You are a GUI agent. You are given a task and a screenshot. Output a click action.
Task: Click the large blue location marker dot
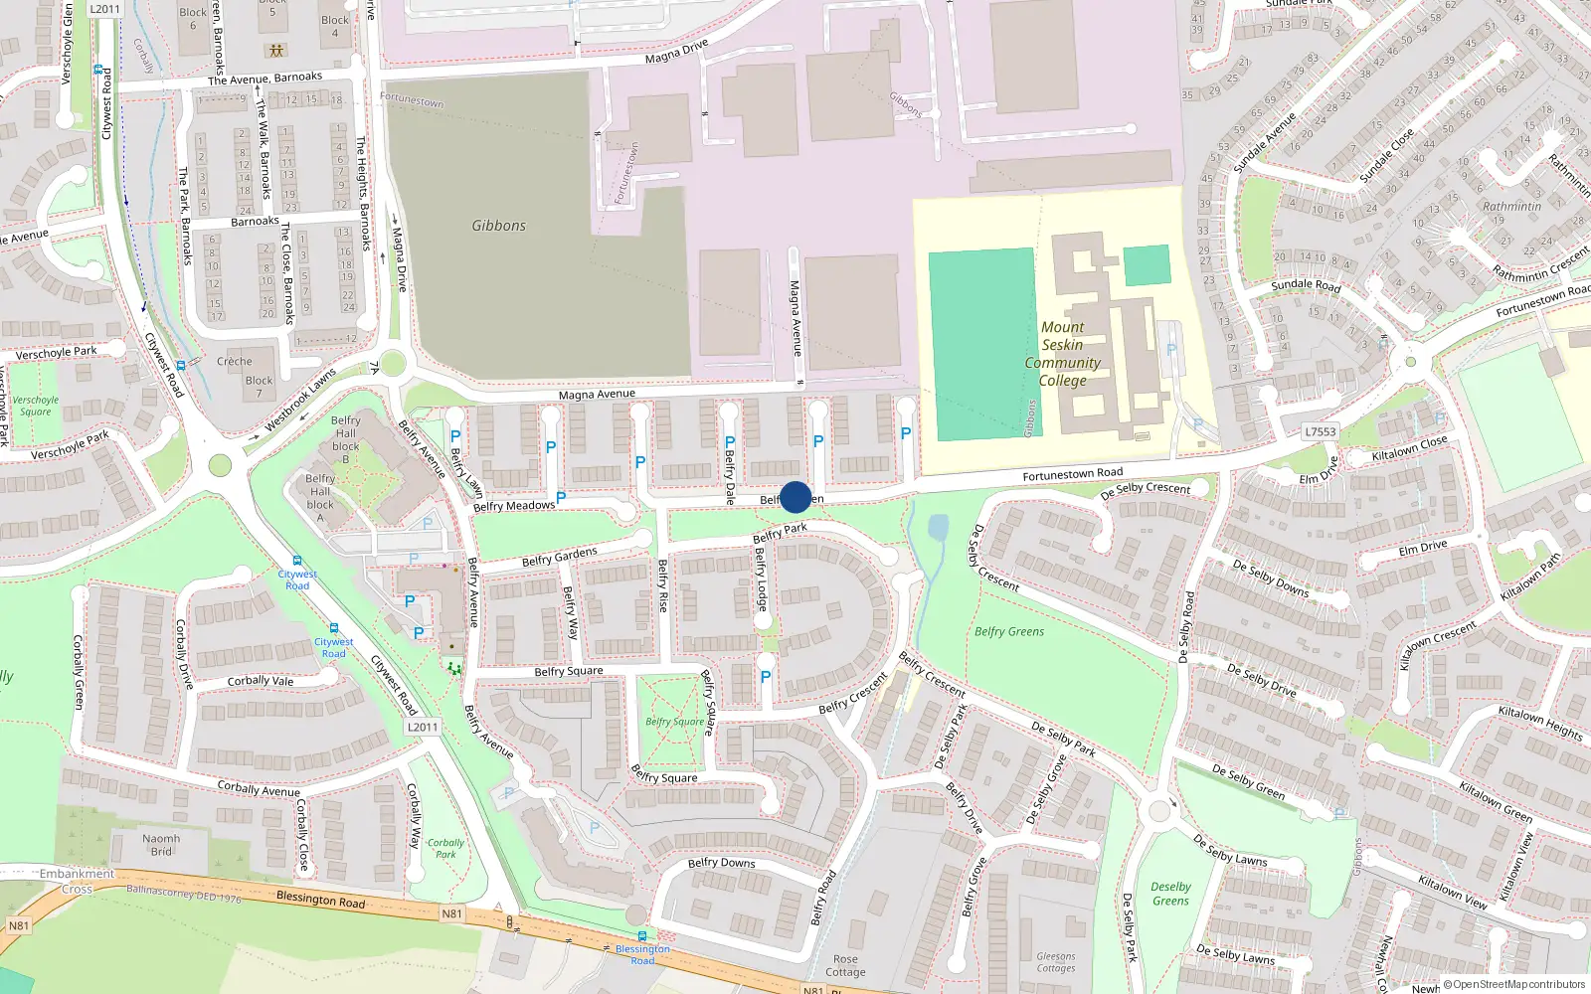pyautogui.click(x=795, y=497)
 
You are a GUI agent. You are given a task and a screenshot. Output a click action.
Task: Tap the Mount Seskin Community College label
pyautogui.click(x=1062, y=354)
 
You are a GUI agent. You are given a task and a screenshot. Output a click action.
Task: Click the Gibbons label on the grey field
pyautogui.click(x=498, y=226)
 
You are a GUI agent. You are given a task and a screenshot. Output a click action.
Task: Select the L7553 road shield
pyautogui.click(x=1320, y=431)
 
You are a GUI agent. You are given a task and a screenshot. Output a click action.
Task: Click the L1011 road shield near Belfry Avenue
pyautogui.click(x=422, y=727)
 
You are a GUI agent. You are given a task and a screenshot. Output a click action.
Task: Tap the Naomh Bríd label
pyautogui.click(x=161, y=845)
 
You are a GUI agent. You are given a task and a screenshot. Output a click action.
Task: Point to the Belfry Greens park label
pyautogui.click(x=1008, y=631)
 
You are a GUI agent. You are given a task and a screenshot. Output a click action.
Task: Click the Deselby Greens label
pyautogui.click(x=1170, y=894)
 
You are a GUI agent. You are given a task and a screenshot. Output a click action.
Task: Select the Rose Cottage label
pyautogui.click(x=845, y=966)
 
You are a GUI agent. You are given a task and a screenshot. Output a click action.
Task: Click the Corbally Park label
pyautogui.click(x=445, y=848)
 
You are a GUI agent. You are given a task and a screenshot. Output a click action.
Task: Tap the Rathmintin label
pyautogui.click(x=1511, y=207)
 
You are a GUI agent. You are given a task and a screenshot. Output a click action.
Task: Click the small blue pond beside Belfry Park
pyautogui.click(x=937, y=527)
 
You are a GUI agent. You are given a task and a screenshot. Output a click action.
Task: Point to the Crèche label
pyautogui.click(x=235, y=361)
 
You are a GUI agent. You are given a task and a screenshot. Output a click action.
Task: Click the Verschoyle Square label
pyautogui.click(x=36, y=406)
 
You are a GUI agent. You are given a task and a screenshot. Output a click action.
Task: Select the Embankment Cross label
pyautogui.click(x=77, y=881)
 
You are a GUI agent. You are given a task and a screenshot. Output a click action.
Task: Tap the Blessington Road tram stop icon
pyautogui.click(x=641, y=936)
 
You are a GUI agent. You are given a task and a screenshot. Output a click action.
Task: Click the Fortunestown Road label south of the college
pyautogui.click(x=1072, y=474)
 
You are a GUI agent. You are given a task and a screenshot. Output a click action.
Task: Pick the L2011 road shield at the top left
pyautogui.click(x=103, y=9)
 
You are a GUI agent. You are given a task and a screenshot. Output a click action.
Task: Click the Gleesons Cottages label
pyautogui.click(x=1055, y=962)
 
